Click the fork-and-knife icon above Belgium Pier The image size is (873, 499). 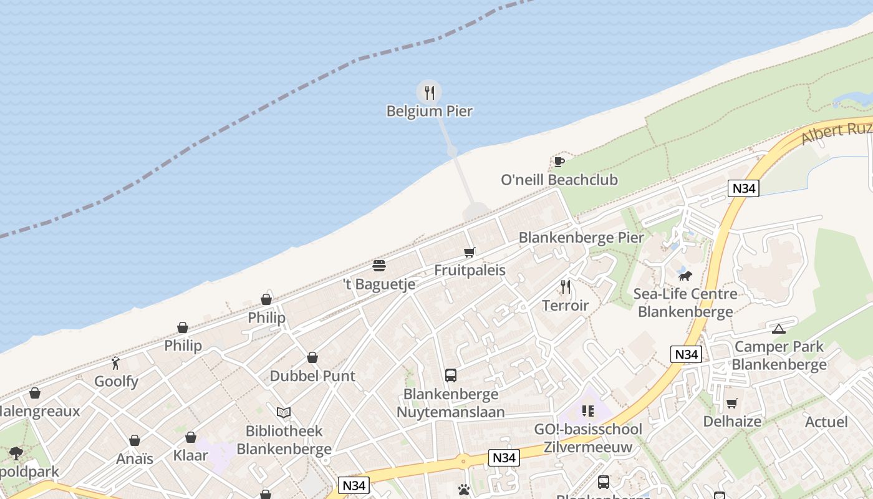[429, 93]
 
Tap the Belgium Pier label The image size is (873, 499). [429, 112]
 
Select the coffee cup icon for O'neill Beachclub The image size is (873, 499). [559, 162]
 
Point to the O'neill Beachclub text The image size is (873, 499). [559, 180]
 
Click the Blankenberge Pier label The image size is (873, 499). [581, 238]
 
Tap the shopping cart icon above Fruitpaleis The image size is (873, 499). [470, 253]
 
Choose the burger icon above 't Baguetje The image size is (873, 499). [379, 266]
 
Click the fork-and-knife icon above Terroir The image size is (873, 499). [566, 287]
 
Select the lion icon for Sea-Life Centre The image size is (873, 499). [685, 275]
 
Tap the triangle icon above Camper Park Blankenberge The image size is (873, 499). [778, 329]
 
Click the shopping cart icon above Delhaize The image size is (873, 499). [731, 404]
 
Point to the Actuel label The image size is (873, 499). [826, 422]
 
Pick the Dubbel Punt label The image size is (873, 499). [312, 376]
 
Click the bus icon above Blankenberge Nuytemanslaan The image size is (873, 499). [451, 375]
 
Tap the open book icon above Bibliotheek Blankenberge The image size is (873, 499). [284, 412]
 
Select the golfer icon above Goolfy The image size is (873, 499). [115, 363]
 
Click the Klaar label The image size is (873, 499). [191, 455]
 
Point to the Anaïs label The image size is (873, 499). [135, 459]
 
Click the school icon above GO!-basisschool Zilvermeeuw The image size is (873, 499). [588, 411]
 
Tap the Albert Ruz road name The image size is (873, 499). [836, 132]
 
